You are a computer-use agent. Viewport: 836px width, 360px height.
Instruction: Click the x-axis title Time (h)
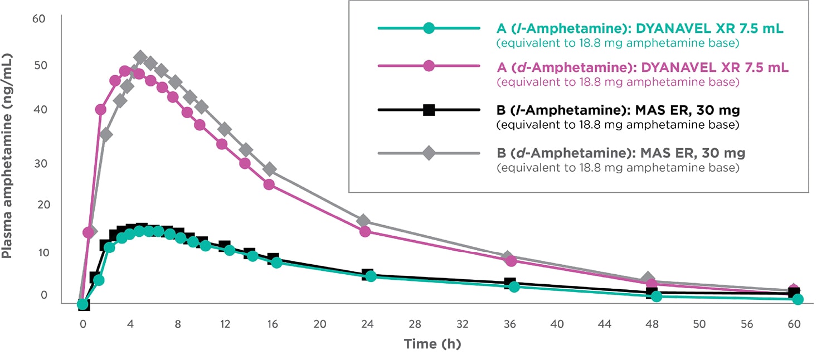pyautogui.click(x=432, y=344)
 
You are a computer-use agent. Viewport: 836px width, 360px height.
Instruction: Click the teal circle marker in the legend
pyautogui.click(x=429, y=28)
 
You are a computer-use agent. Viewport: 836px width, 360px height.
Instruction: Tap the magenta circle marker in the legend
pyautogui.click(x=429, y=66)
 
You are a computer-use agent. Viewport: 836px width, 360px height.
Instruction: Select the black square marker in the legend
pyautogui.click(x=429, y=110)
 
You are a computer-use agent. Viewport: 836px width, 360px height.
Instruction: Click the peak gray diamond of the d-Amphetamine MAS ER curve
pyautogui.click(x=140, y=57)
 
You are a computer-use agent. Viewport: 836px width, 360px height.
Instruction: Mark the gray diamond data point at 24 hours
pyautogui.click(x=363, y=221)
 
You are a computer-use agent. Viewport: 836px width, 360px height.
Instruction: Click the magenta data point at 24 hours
pyautogui.click(x=365, y=231)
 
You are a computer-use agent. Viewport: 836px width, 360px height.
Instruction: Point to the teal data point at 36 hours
pyautogui.click(x=514, y=287)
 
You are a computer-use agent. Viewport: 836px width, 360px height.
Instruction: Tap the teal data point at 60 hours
pyautogui.click(x=798, y=299)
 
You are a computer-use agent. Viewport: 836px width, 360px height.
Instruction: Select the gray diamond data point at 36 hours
pyautogui.click(x=507, y=257)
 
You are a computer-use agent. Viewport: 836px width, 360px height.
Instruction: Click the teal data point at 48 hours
pyautogui.click(x=657, y=296)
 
